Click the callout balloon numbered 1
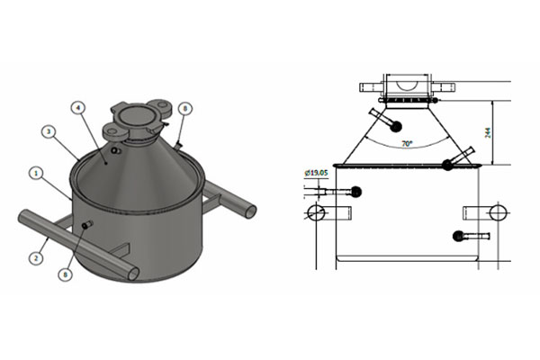[x=35, y=171]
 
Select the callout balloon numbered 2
[x=35, y=258]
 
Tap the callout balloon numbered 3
[x=50, y=132]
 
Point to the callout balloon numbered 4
[x=80, y=107]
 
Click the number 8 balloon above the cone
[x=185, y=108]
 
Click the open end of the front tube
[x=133, y=272]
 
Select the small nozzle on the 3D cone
[x=116, y=150]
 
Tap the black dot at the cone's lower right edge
[x=447, y=164]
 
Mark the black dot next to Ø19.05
[x=356, y=191]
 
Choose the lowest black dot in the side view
[x=458, y=236]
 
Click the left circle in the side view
[x=317, y=212]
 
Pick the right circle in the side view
[x=496, y=212]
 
